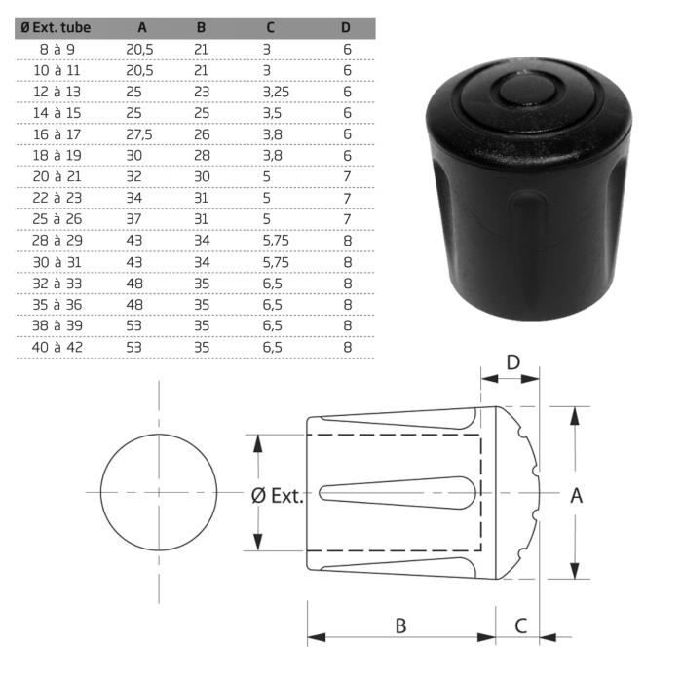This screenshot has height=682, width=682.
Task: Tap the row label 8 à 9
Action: (x=57, y=48)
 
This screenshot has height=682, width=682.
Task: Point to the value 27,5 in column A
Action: (x=139, y=133)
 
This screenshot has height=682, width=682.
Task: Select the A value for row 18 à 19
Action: (x=133, y=155)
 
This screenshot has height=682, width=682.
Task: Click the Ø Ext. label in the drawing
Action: (x=278, y=496)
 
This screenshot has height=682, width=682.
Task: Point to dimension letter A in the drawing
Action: (x=576, y=496)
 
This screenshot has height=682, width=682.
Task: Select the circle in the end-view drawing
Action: (x=158, y=493)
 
